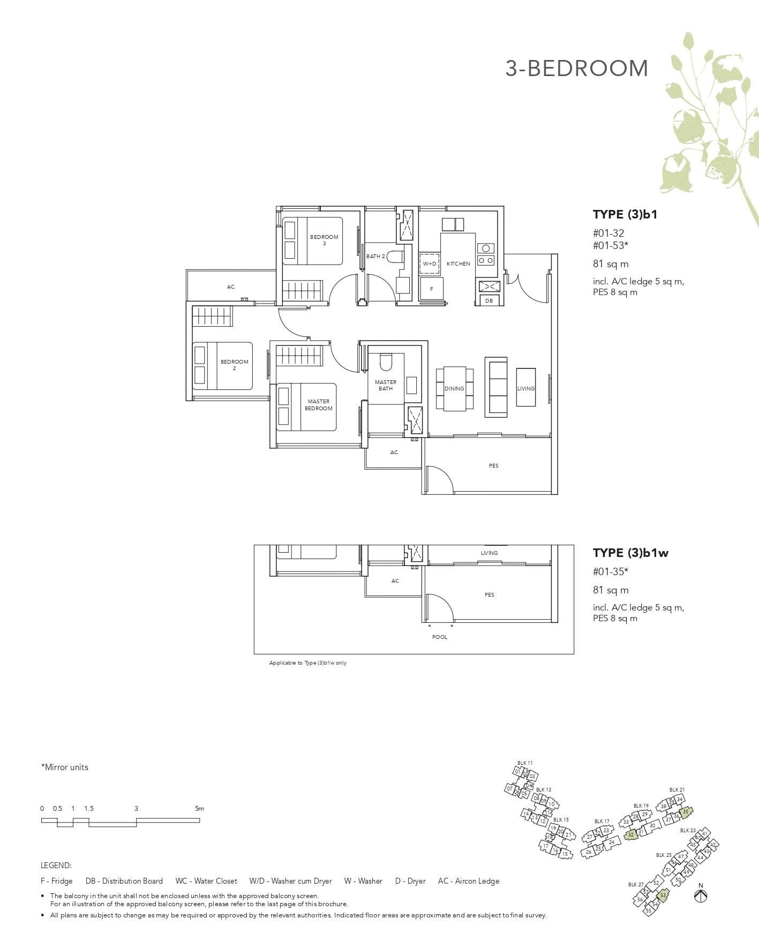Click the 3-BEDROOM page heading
coord(576,69)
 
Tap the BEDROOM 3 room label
coord(324,239)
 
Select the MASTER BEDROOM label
coord(318,405)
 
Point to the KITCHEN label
coord(458,263)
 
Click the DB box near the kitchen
coord(489,301)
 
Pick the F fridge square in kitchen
coord(431,289)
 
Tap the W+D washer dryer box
coord(430,263)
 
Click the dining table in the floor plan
coord(454,388)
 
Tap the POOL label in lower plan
coord(439,637)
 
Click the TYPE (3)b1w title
coord(630,553)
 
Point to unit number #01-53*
coord(610,246)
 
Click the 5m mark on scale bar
coord(199,809)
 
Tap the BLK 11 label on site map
coord(525,763)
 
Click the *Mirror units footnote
coord(64,767)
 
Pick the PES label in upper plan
coord(493,465)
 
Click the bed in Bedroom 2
coord(222,366)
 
